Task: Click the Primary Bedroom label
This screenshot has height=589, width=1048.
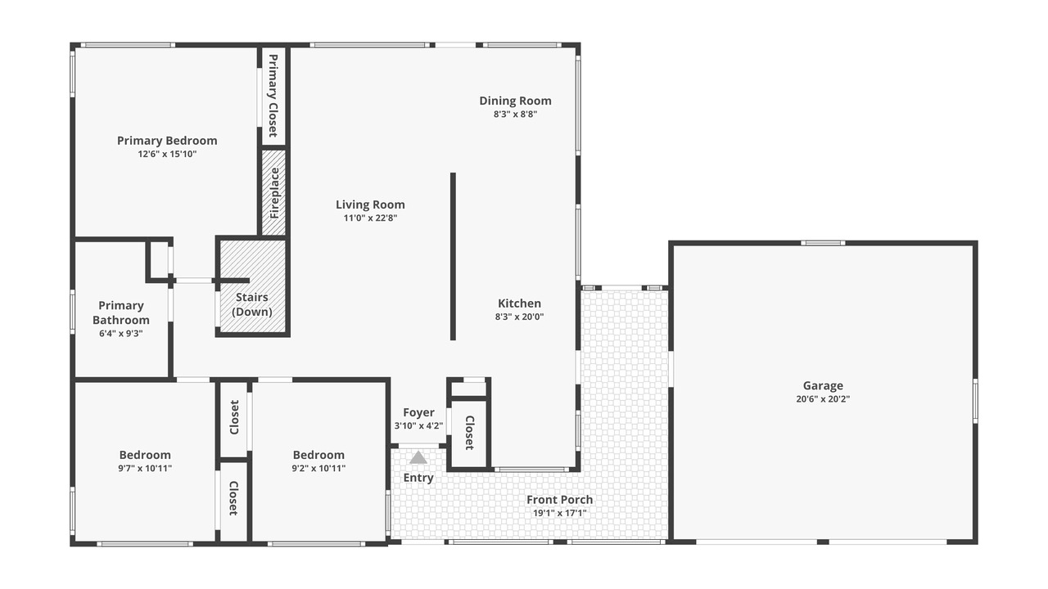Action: click(167, 141)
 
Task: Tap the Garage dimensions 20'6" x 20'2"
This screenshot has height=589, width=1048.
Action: click(823, 399)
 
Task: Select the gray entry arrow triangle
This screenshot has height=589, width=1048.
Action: click(418, 457)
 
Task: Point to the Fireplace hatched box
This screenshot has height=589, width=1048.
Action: click(273, 192)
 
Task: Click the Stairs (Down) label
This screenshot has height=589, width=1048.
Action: click(251, 304)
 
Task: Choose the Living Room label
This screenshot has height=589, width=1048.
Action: click(370, 205)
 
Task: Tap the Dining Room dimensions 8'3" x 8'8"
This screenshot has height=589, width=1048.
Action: click(515, 114)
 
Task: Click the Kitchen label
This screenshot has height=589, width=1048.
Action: click(519, 303)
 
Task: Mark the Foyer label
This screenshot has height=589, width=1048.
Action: click(418, 413)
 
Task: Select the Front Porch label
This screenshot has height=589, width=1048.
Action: click(559, 500)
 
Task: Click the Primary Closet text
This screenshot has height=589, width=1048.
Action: click(273, 96)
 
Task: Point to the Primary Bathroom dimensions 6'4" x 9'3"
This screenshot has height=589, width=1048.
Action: click(120, 334)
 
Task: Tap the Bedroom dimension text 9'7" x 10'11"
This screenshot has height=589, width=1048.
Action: click(145, 469)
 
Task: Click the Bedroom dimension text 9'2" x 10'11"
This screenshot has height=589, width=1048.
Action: click(318, 469)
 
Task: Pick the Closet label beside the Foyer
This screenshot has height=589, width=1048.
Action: click(469, 433)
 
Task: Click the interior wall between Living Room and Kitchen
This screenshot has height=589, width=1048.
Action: click(453, 256)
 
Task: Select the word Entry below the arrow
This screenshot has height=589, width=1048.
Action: click(418, 478)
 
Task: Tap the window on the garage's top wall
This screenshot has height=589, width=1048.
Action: click(823, 243)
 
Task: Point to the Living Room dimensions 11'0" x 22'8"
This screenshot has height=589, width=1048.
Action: click(370, 218)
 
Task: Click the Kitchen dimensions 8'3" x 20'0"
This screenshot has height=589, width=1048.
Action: click(519, 317)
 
